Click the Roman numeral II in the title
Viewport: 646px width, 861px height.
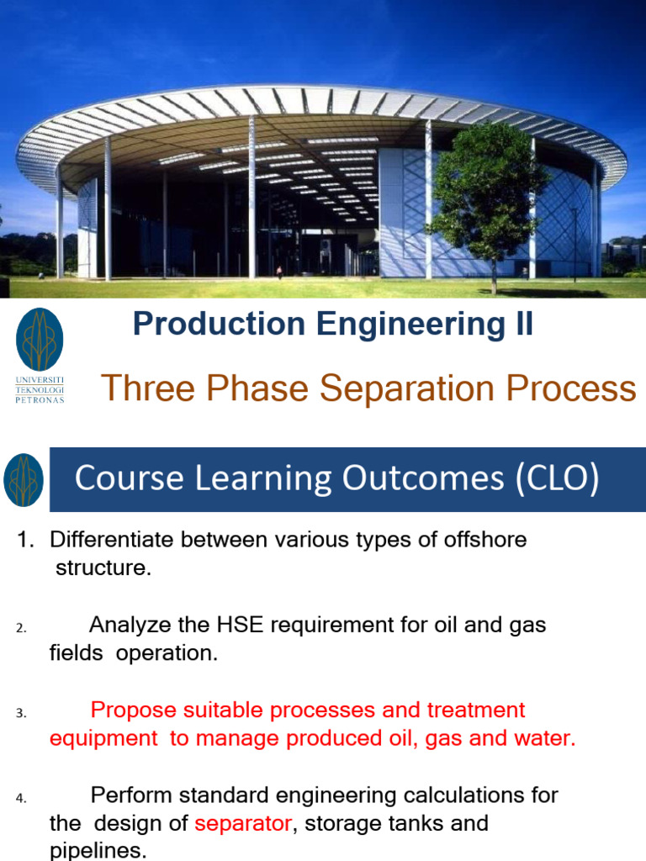[x=522, y=325]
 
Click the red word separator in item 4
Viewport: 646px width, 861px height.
[x=242, y=823]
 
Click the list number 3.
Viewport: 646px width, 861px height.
[x=21, y=713]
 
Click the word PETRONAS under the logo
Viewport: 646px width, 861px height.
[x=40, y=399]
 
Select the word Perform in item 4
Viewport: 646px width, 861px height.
[x=128, y=795]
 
